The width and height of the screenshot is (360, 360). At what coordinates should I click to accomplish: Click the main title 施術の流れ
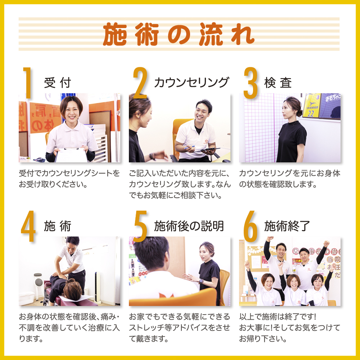coord(179,35)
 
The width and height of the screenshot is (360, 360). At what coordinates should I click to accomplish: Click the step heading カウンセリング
coord(191,83)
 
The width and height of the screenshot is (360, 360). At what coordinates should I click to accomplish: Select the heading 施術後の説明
coord(189,226)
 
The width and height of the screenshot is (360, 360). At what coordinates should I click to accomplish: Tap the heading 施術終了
coord(287,226)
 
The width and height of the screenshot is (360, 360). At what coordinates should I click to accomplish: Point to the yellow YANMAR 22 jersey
coord(311,105)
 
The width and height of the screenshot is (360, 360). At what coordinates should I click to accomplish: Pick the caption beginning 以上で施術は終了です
coord(289,328)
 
